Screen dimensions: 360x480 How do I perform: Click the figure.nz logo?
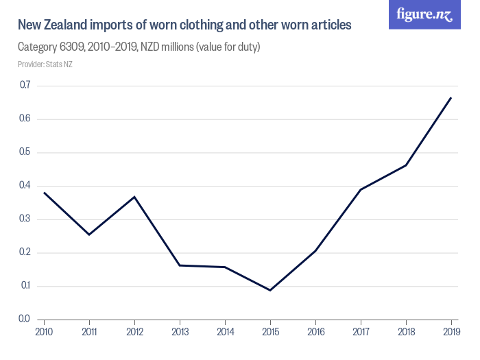[x=424, y=14]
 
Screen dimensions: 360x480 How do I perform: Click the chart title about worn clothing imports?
[x=184, y=25]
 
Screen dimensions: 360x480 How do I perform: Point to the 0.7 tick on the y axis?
[x=25, y=85]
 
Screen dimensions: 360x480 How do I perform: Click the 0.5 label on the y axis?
[x=25, y=152]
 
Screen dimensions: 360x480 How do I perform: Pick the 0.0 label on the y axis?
[x=25, y=319]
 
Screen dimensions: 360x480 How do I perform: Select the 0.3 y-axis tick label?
[x=25, y=219]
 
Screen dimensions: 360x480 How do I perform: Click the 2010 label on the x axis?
[x=44, y=332]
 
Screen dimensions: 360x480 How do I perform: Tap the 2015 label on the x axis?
[x=270, y=332]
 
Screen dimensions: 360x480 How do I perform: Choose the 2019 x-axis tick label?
[x=451, y=332]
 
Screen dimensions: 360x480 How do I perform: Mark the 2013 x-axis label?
[x=180, y=332]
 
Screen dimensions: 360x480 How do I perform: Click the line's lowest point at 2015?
[x=270, y=290]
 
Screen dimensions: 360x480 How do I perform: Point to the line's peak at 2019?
[x=451, y=97]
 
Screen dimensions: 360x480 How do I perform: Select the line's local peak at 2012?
[x=134, y=197]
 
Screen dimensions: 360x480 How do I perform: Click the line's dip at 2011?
[x=89, y=235]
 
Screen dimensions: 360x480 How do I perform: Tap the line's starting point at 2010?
[x=44, y=192]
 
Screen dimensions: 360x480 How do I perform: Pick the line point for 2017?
[x=361, y=189]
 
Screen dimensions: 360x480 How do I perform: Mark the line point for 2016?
[x=315, y=250]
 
